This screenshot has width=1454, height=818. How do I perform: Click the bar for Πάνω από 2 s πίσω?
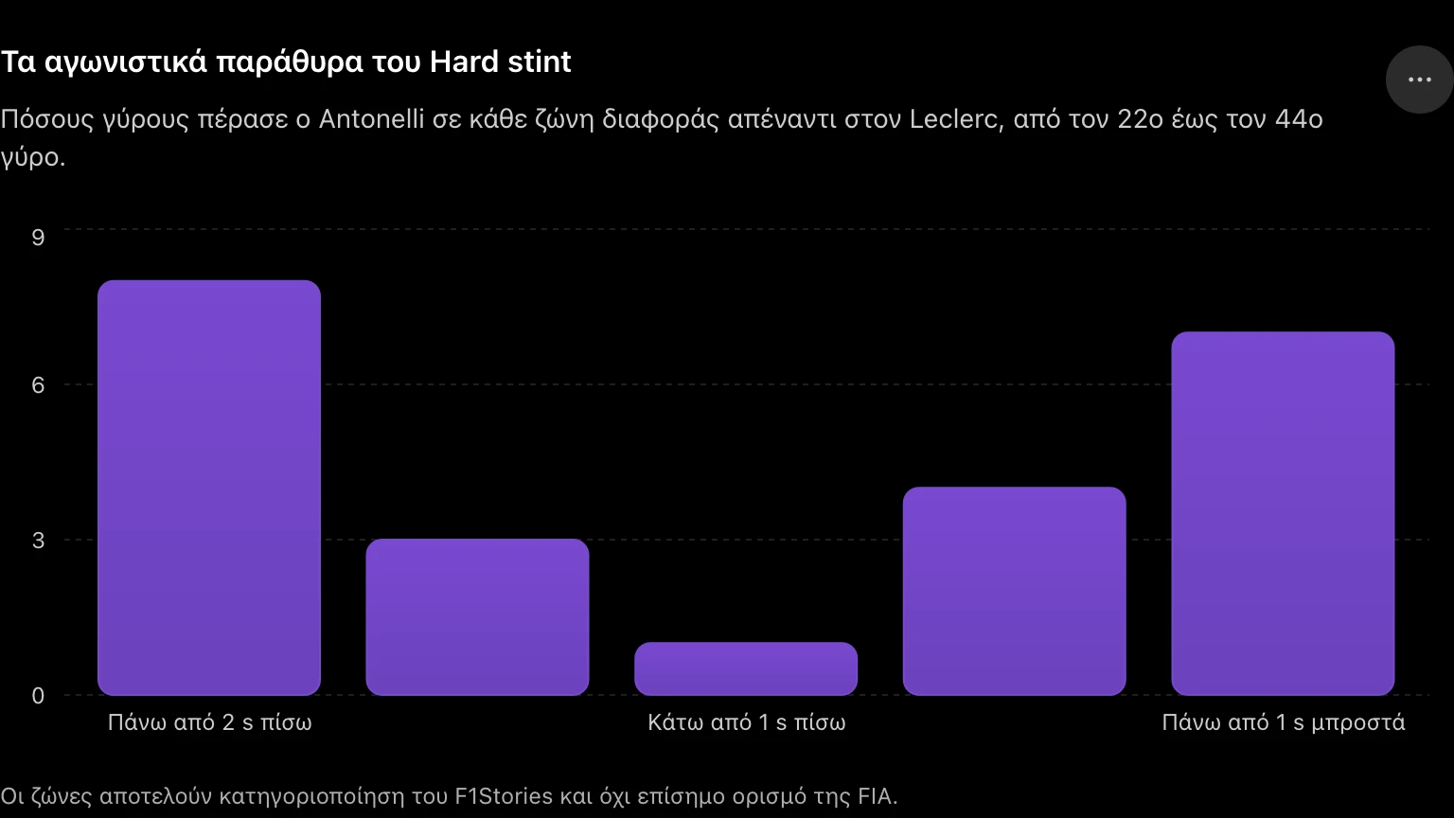(x=209, y=488)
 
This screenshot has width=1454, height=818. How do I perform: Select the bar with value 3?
(x=477, y=616)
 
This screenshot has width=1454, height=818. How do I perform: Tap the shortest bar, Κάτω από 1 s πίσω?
(x=746, y=668)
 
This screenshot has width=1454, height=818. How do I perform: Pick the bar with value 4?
(x=1014, y=591)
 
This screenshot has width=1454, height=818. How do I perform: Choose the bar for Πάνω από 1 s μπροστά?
(x=1283, y=513)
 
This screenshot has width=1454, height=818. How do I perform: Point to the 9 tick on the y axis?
(x=38, y=238)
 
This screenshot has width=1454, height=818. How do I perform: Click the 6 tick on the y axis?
(x=38, y=385)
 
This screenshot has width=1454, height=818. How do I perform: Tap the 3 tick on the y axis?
(x=38, y=541)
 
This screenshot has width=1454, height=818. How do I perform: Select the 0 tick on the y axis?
(x=38, y=696)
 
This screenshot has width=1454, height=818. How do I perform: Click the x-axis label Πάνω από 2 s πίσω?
(x=209, y=722)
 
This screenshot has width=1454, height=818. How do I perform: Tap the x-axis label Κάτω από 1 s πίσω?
(x=747, y=722)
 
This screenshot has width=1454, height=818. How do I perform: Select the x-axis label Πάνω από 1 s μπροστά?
(x=1284, y=722)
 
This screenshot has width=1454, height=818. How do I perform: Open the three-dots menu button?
(x=1420, y=80)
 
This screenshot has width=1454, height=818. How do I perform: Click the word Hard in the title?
(x=464, y=62)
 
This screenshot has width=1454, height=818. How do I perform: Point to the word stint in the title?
(x=540, y=62)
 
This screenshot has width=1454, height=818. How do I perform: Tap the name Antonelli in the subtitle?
(x=371, y=118)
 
